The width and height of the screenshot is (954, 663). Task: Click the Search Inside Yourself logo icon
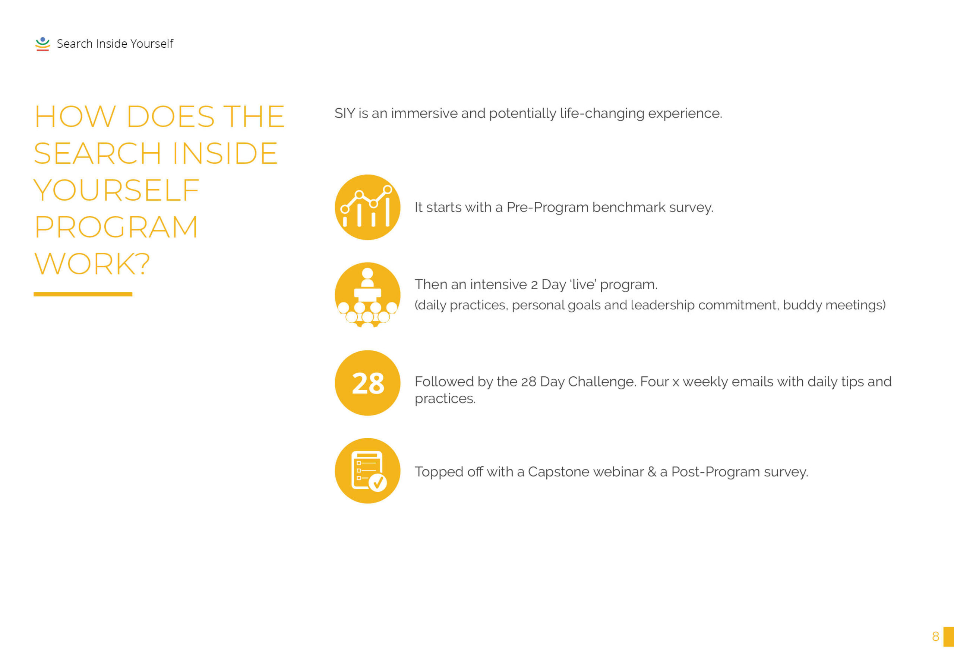tap(42, 44)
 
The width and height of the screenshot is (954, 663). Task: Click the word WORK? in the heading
tap(92, 264)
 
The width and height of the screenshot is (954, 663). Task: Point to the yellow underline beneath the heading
tap(83, 294)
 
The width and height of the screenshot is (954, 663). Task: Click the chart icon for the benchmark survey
tap(368, 207)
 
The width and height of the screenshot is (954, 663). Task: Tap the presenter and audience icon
tap(368, 295)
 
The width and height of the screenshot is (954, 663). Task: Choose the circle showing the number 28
tap(368, 383)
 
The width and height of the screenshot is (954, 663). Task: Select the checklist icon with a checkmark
tap(368, 471)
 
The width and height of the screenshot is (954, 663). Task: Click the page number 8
tap(935, 637)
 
